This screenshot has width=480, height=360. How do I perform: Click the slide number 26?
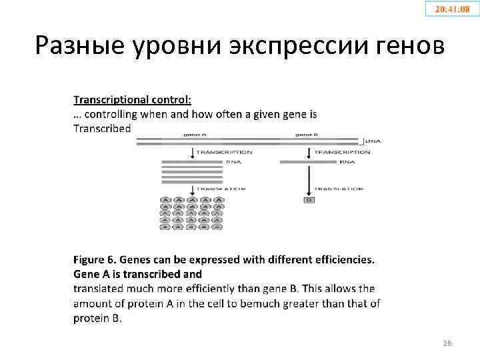[x=447, y=343]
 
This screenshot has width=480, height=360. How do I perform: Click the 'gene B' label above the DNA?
[x=307, y=134]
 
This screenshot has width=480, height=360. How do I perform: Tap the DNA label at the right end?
[x=373, y=141]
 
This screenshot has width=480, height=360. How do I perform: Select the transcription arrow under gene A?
[x=193, y=153]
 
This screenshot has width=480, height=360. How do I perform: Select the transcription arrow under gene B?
[x=309, y=153]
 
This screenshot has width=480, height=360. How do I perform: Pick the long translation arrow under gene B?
[x=309, y=180]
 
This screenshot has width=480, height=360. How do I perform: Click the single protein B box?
[x=309, y=200]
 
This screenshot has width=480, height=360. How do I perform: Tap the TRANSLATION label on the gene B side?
[x=339, y=189]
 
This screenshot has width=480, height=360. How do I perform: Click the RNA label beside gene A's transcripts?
[x=233, y=161]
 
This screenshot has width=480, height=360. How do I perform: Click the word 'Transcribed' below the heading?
[x=102, y=128]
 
